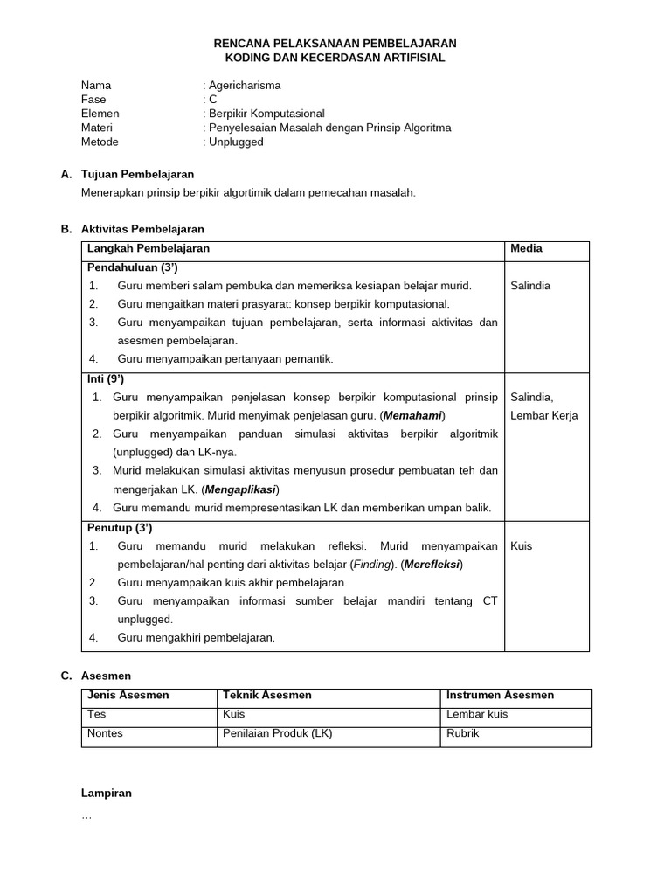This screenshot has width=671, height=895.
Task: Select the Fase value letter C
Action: click(212, 100)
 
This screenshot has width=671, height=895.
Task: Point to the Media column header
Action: click(526, 248)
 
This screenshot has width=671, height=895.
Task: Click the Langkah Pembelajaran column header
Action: click(148, 248)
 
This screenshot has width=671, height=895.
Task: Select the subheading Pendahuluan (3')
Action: click(132, 267)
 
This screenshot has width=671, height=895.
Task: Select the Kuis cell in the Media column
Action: click(522, 546)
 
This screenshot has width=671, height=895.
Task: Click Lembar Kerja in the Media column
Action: click(543, 415)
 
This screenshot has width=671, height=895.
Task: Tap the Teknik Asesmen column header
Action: click(267, 696)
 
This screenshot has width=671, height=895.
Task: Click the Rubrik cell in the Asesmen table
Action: click(460, 733)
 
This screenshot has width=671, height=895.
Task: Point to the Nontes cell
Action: click(105, 733)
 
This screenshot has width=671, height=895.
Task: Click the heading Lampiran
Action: click(106, 793)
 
